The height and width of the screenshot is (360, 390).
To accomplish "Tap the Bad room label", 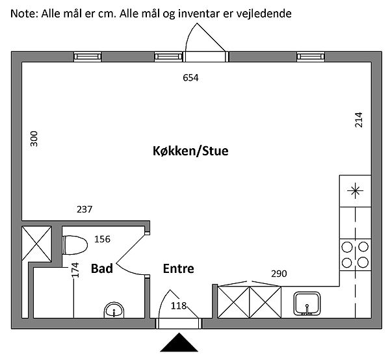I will pyautogui.click(x=102, y=268).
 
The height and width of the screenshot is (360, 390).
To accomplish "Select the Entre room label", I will pyautogui.click(x=178, y=268).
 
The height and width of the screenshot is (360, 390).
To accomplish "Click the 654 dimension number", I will pyautogui.click(x=190, y=78).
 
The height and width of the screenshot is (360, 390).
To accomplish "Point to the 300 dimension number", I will pyautogui.click(x=34, y=140).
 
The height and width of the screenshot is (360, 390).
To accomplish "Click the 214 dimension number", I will pyautogui.click(x=358, y=120).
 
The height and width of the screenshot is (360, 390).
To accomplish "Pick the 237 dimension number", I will pyautogui.click(x=84, y=209).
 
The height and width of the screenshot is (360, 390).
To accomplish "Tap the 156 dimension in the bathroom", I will pyautogui.click(x=102, y=239).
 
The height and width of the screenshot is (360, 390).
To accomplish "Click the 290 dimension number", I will pyautogui.click(x=279, y=274).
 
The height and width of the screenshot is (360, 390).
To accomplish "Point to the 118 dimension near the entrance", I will pyautogui.click(x=179, y=305).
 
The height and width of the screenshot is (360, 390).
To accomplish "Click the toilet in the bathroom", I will pyautogui.click(x=75, y=246).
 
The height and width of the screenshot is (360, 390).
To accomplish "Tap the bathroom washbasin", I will pyautogui.click(x=114, y=310).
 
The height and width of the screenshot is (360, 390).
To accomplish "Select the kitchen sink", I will pyautogui.click(x=306, y=303).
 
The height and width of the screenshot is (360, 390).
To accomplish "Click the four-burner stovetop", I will pyautogui.click(x=356, y=254).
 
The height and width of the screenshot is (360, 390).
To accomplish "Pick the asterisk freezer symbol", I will pyautogui.click(x=355, y=190).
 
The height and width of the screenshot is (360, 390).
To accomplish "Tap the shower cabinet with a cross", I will pyautogui.click(x=36, y=244).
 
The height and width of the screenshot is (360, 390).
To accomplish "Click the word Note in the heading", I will pyautogui.click(x=23, y=12).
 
